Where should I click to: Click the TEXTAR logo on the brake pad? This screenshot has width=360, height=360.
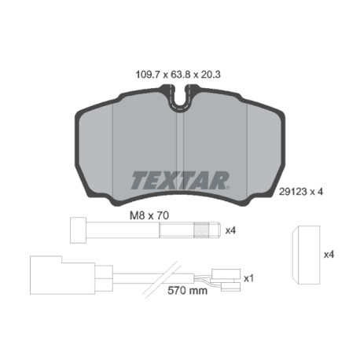(180, 180)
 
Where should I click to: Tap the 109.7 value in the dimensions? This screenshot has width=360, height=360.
(147, 75)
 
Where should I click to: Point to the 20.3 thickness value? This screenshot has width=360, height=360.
(210, 75)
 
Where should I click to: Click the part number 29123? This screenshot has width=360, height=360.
(292, 192)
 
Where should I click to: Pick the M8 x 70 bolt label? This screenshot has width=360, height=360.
(149, 215)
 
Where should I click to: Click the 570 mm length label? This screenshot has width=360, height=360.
(187, 290)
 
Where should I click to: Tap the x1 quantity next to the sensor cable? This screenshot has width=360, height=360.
(248, 278)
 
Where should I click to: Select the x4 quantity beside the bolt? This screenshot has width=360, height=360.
(231, 230)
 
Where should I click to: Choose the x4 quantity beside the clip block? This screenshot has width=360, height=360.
(329, 255)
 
